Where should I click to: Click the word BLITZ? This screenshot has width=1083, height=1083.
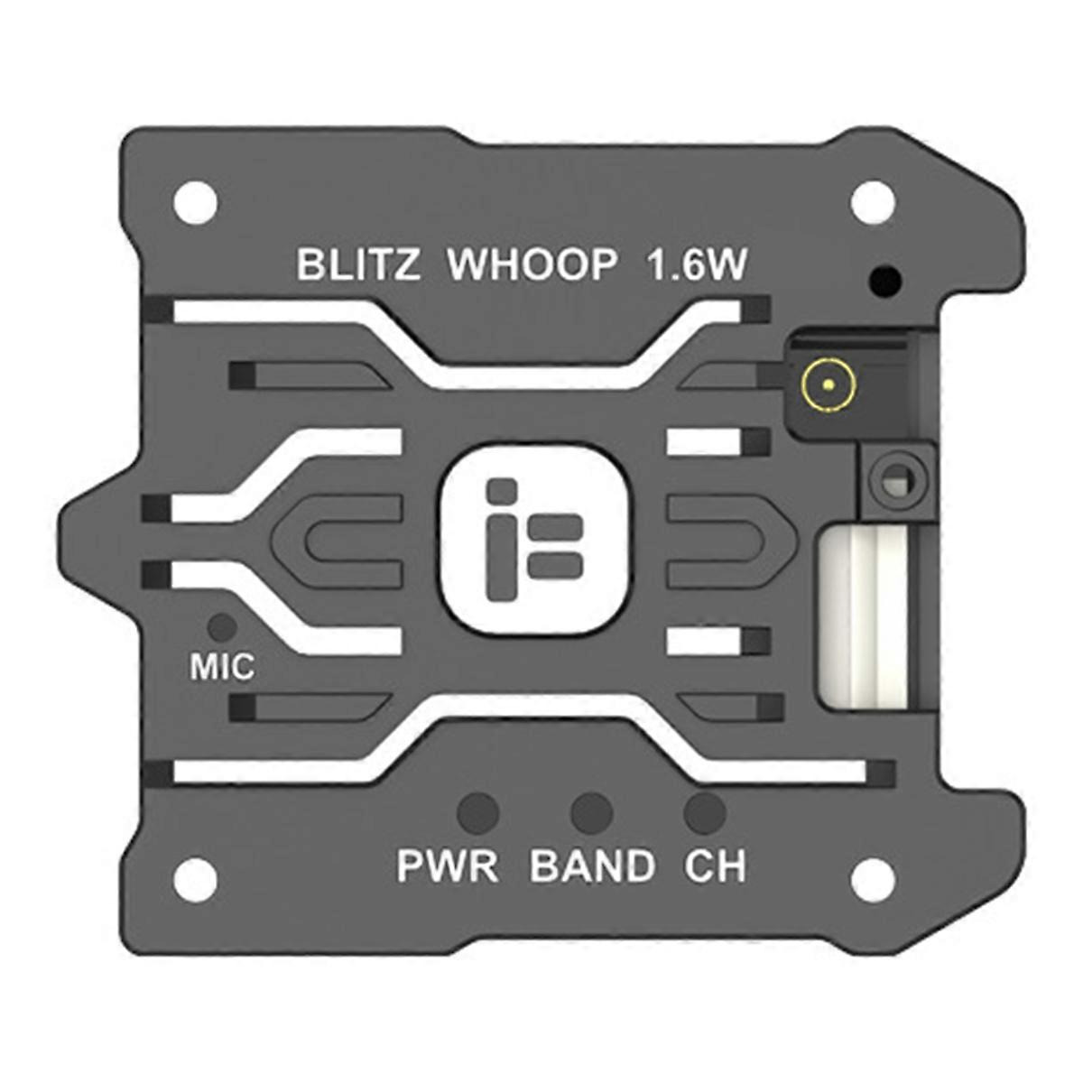coord(358,265)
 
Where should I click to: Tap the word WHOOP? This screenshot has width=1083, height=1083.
coord(533,265)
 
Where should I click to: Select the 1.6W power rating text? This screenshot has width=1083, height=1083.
coord(696,265)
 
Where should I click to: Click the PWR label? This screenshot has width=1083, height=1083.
coord(448,866)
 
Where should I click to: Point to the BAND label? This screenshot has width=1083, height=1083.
coord(592,866)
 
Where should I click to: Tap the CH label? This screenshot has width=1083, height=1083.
coord(715,866)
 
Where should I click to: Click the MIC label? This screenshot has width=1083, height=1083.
coord(222,668)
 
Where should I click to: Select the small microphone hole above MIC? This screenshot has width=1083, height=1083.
coord(222,626)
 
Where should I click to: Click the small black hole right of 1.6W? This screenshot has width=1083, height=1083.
coord(884,282)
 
